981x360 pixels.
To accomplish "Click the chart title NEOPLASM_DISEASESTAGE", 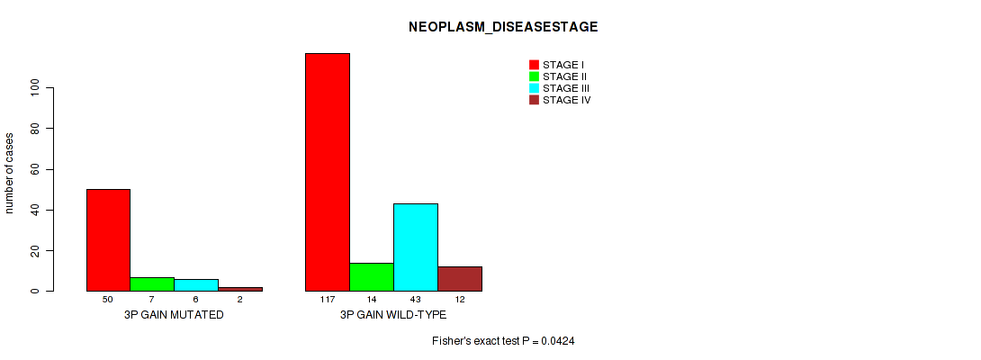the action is click(x=503, y=27).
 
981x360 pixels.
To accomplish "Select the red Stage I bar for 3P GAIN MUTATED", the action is click(x=108, y=239).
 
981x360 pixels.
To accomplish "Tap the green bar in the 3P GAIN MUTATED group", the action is click(x=152, y=284).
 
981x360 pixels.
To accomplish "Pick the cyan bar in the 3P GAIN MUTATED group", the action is click(x=196, y=285).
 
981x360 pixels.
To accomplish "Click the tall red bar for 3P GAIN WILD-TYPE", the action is click(x=328, y=172).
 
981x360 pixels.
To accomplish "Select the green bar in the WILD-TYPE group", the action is click(x=372, y=276).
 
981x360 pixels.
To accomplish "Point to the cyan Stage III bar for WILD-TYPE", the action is click(x=416, y=247).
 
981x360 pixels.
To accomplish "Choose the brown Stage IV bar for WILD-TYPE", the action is click(x=460, y=279).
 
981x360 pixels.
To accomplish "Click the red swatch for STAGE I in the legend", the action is click(x=534, y=65).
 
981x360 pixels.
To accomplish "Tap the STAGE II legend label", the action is click(x=564, y=76).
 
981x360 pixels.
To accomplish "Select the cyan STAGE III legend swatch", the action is click(x=534, y=88).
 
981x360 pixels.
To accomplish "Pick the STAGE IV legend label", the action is click(x=566, y=100).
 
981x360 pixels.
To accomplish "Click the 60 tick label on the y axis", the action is click(x=34, y=169).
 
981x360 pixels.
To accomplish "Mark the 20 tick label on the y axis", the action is click(x=34, y=250).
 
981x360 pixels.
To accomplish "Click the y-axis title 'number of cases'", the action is click(x=9, y=173).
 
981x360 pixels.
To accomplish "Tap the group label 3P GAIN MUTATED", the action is click(x=174, y=315).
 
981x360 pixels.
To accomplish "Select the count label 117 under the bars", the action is click(x=328, y=300).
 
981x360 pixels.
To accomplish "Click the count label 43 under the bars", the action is click(x=416, y=300).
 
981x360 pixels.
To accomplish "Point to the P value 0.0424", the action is click(x=559, y=341).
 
